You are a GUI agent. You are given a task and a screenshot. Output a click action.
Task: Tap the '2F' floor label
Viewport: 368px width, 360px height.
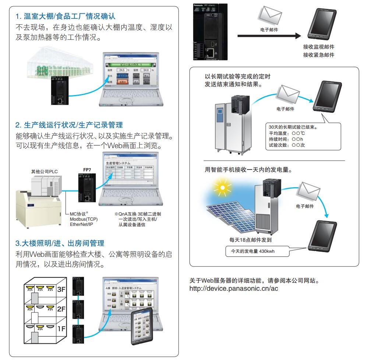(61, 309)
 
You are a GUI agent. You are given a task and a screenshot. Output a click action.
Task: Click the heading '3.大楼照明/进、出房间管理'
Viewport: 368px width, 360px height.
(60, 243)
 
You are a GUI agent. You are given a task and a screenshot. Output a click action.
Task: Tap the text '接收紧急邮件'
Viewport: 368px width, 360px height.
(319, 55)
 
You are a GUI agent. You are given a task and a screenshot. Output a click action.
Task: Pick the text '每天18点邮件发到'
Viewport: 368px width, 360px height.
(250, 240)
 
